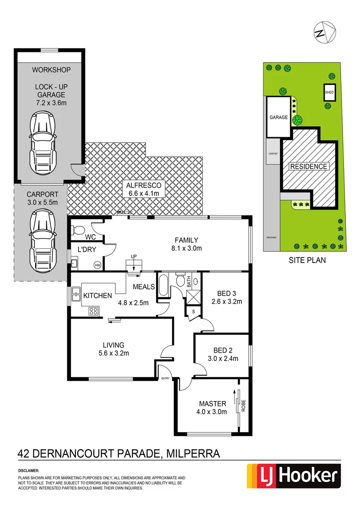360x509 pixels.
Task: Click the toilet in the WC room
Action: (x=78, y=230)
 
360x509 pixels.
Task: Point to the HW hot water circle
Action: (x=98, y=265)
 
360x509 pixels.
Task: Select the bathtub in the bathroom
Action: (x=163, y=286)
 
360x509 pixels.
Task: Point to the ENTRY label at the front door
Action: (x=165, y=378)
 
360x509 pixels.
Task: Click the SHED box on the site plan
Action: (x=329, y=92)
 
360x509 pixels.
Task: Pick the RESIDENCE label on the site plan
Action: (x=308, y=166)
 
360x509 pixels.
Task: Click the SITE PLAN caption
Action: (x=307, y=260)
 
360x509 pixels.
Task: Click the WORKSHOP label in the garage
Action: (x=51, y=70)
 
